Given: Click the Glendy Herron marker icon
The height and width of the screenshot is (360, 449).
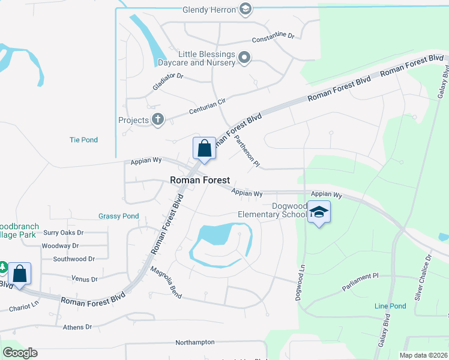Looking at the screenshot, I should coord(245,9).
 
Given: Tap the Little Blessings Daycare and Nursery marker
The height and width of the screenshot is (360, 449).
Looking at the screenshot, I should coord(244,58).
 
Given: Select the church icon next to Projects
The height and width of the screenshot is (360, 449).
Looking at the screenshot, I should coord(158,120).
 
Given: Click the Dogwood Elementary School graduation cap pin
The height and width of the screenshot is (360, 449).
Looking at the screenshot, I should coord(319,213).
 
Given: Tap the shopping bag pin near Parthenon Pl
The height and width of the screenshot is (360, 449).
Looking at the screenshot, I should coord(204,148).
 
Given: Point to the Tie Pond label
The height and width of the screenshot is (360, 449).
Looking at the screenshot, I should coord(83,140).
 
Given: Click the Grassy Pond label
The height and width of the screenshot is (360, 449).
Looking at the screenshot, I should coord(118,216).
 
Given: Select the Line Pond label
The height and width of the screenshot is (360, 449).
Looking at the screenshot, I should coord(390,306).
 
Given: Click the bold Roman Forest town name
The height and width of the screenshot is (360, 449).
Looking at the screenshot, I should coord(200,179).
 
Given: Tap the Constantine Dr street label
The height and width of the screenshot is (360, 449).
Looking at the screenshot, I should coord(273,37).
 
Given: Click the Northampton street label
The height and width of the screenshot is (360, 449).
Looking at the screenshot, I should coord(194,342).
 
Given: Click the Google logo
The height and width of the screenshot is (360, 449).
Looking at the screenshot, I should coord(20,353).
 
